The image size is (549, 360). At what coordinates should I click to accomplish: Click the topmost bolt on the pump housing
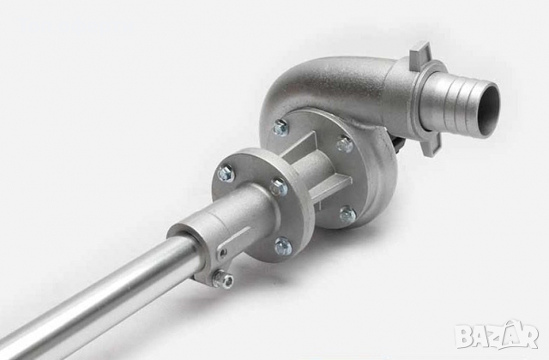click(281, 127)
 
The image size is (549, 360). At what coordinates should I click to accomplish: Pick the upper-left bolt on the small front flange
click(226, 173)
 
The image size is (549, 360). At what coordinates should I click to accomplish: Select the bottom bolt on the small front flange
click(283, 246)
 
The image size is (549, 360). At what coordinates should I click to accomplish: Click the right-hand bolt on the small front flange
click(279, 187)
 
